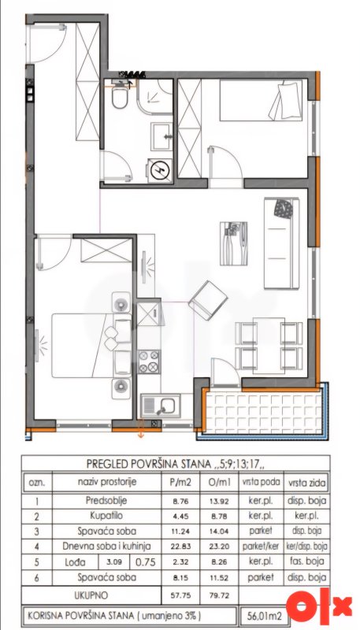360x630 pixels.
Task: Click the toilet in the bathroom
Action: tap(119, 98)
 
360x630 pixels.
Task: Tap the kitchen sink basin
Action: tap(165, 405)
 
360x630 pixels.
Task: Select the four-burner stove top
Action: tap(148, 362)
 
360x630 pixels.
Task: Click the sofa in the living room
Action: tap(281, 243)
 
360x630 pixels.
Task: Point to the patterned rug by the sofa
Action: tap(233, 243)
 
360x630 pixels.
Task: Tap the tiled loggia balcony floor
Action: tap(263, 413)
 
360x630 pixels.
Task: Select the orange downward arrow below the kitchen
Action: tap(141, 428)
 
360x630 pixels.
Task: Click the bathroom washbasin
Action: tap(162, 136)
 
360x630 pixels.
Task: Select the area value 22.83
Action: tap(180, 547)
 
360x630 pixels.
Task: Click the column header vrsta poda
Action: tap(262, 481)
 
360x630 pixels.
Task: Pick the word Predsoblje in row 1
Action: tap(106, 501)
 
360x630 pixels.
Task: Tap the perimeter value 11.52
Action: tap(219, 578)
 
